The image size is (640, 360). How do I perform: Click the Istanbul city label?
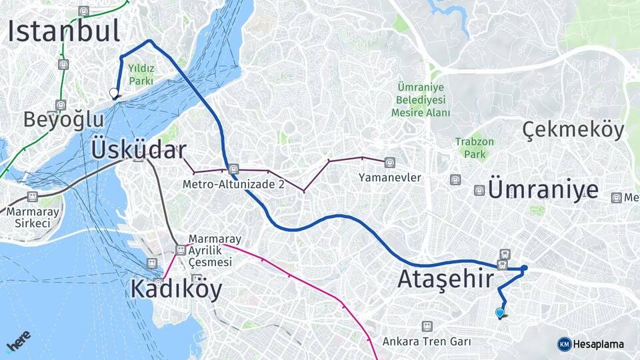(x=64, y=31)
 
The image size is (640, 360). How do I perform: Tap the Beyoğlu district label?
(x=64, y=119)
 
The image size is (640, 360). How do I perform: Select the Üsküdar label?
(x=138, y=150)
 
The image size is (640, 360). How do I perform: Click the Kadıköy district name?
(x=176, y=289)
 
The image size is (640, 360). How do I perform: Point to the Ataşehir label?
(x=445, y=279)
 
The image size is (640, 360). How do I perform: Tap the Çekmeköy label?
(x=573, y=130)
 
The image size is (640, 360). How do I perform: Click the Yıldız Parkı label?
(x=141, y=74)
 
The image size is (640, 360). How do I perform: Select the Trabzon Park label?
(x=475, y=147)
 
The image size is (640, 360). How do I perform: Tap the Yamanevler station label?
(x=389, y=177)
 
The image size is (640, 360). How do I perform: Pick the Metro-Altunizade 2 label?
(x=233, y=184)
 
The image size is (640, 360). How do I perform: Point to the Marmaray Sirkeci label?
(x=29, y=217)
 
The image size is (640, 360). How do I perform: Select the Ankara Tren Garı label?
(x=427, y=341)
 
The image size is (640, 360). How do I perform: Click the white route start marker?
(x=114, y=93)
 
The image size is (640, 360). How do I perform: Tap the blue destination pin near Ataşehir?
(x=500, y=313)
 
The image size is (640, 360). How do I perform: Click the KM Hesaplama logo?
(x=591, y=344)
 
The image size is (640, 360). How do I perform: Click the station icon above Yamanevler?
(x=389, y=162)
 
